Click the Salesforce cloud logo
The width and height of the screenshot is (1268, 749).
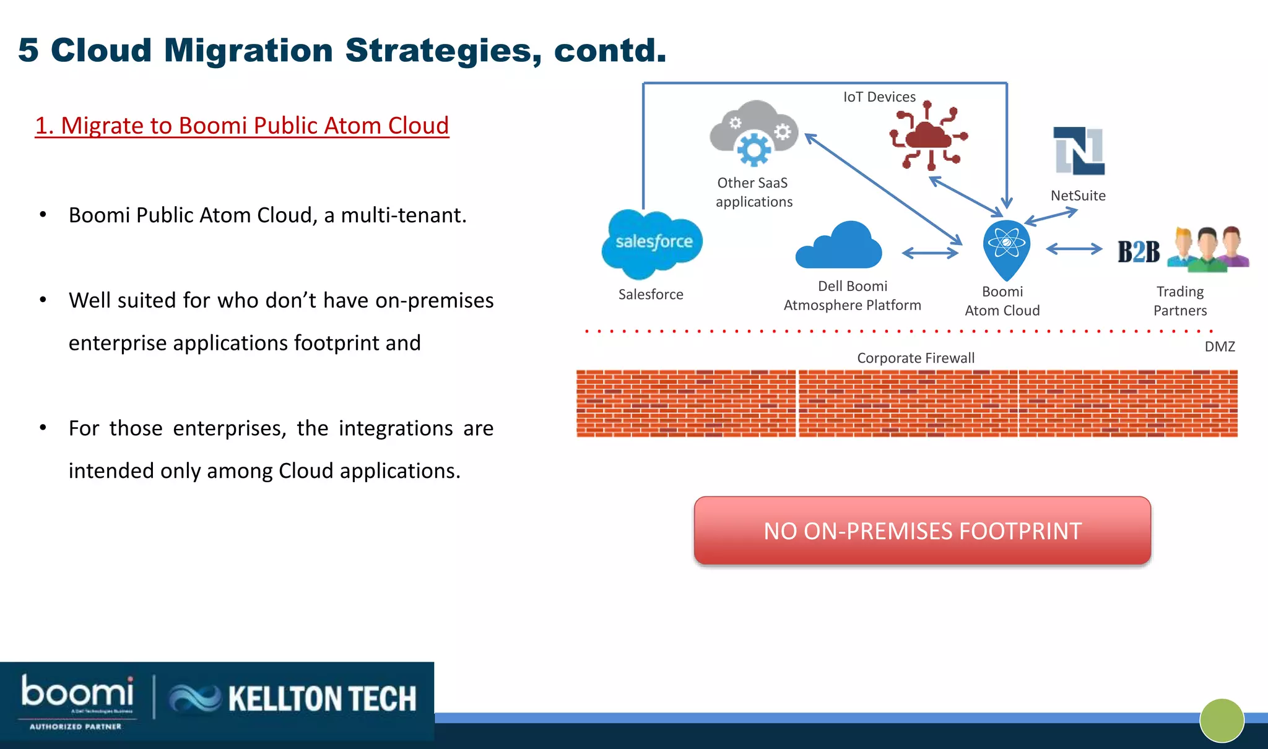click(x=652, y=243)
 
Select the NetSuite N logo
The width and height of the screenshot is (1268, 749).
click(x=1079, y=151)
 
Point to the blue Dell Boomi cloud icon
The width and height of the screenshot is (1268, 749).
click(x=839, y=246)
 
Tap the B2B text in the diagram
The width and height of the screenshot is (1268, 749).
click(x=1139, y=252)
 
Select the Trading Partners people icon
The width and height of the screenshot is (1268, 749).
click(x=1208, y=249)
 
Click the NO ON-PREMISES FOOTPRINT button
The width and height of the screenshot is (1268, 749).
click(x=922, y=530)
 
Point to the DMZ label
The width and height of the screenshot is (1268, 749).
click(x=1219, y=347)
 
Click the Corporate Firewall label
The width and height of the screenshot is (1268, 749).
click(x=915, y=358)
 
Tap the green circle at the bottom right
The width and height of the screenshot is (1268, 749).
click(x=1222, y=720)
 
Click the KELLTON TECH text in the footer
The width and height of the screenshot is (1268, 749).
click(x=322, y=699)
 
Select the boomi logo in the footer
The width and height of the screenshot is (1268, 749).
click(x=77, y=692)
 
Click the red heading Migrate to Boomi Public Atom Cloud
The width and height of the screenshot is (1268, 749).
click(x=242, y=126)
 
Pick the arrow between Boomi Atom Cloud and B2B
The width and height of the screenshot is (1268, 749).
click(x=1074, y=249)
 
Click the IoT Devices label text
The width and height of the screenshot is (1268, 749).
click(x=879, y=97)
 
